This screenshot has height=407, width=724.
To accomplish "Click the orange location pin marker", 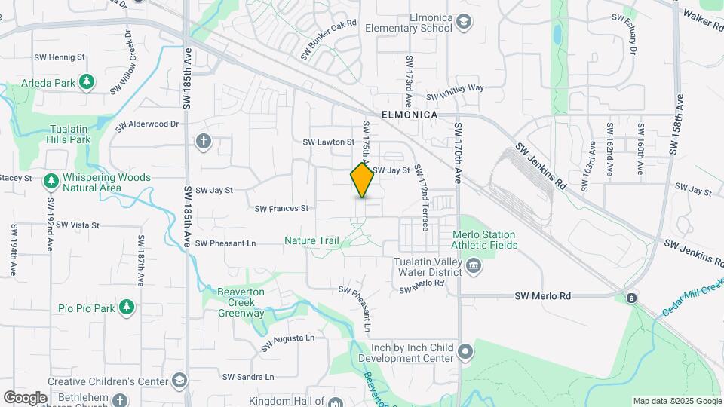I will (x=363, y=180).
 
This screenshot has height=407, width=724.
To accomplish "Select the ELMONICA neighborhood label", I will (x=410, y=115).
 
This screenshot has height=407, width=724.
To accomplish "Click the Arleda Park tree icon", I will (x=87, y=81).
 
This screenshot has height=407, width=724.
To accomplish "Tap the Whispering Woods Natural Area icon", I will (x=51, y=181).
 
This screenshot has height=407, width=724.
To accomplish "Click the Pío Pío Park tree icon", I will (x=127, y=307).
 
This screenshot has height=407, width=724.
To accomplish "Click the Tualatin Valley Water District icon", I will (x=473, y=265).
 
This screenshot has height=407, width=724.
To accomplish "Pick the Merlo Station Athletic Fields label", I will (x=484, y=240).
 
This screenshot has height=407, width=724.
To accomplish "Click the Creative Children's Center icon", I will (x=178, y=379).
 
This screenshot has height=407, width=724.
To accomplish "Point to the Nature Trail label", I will (x=311, y=240).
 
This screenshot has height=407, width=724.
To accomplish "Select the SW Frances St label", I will (x=281, y=208).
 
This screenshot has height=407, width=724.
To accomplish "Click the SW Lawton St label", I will (x=328, y=142).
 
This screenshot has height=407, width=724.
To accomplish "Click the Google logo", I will (x=25, y=397).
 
